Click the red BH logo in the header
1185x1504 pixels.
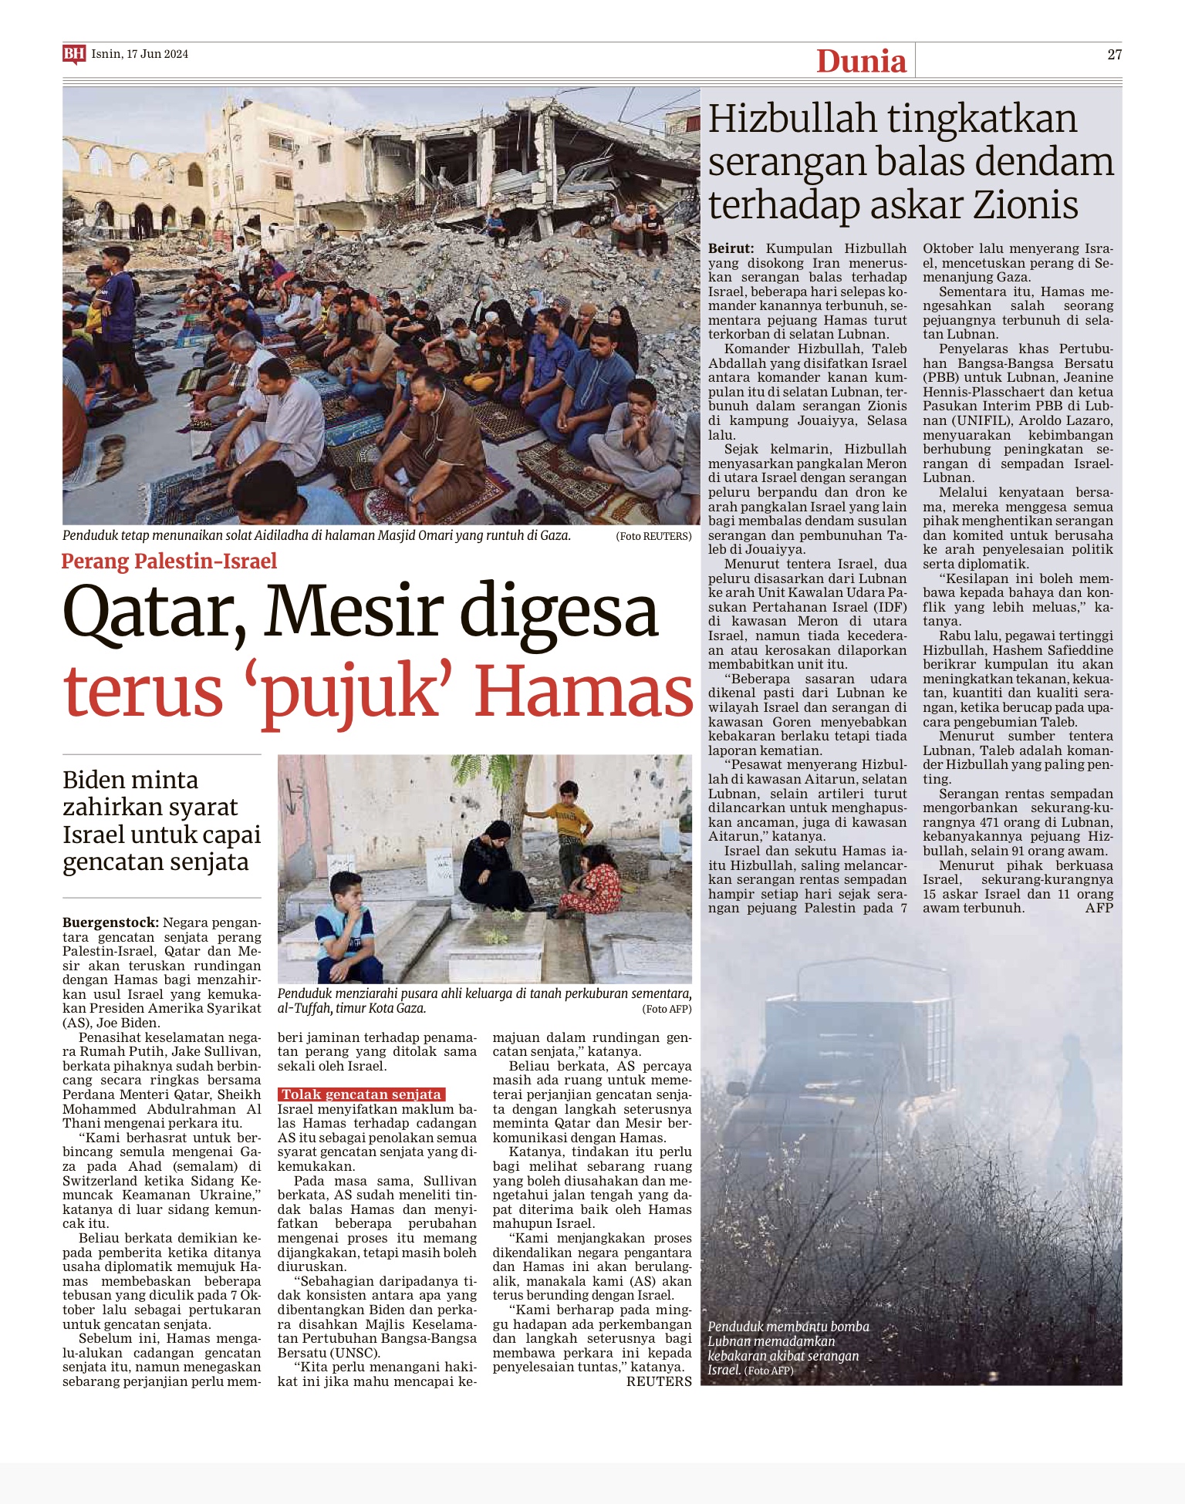coord(73,54)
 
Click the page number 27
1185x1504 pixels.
coord(1114,54)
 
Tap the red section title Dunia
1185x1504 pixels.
coord(861,61)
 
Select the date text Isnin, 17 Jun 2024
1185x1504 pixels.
coord(140,54)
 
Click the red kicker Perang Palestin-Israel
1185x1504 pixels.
coord(169,561)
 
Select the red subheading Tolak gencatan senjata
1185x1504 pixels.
coord(361,1094)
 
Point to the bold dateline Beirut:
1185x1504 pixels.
coord(731,248)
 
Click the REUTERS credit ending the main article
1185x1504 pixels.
coord(659,1381)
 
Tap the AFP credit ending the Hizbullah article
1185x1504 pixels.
coord(1099,908)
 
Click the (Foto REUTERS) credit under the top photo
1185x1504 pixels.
coord(653,536)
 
